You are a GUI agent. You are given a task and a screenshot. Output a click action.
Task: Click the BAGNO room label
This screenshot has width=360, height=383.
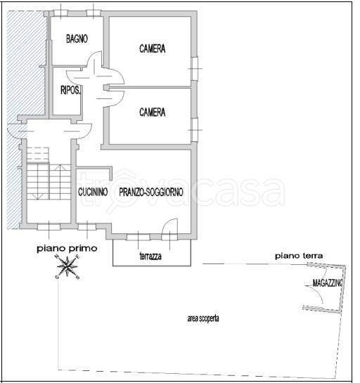point(77,39)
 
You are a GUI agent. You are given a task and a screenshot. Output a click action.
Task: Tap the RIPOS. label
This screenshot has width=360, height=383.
point(70,91)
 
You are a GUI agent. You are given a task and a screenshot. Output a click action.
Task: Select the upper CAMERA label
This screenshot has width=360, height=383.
point(153,48)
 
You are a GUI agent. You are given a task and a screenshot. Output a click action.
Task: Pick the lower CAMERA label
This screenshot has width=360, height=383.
point(153,112)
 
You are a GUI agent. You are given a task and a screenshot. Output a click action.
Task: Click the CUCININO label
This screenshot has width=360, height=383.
point(93,192)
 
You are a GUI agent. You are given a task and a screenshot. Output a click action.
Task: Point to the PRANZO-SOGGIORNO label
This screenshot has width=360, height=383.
point(151,192)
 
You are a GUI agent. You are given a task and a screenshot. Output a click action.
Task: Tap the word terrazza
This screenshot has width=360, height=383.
point(150,256)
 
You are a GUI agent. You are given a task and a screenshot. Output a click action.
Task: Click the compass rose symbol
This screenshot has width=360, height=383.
point(67,266)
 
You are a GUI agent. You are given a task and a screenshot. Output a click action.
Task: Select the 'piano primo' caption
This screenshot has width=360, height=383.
point(67,249)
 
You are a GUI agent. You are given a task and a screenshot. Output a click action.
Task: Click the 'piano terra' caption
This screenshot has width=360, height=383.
point(299,256)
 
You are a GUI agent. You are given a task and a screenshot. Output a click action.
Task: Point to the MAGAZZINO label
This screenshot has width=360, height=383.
point(328,283)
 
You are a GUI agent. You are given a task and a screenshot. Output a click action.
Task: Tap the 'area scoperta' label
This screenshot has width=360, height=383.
point(203,318)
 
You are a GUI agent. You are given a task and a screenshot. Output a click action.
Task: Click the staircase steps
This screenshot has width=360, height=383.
point(49,181)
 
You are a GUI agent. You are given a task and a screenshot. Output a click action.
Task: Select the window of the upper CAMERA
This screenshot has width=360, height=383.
point(195,69)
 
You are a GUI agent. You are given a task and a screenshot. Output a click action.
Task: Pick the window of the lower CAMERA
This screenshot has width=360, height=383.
point(195,130)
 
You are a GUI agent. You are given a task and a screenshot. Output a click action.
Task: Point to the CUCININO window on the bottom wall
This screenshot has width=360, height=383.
point(87,227)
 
